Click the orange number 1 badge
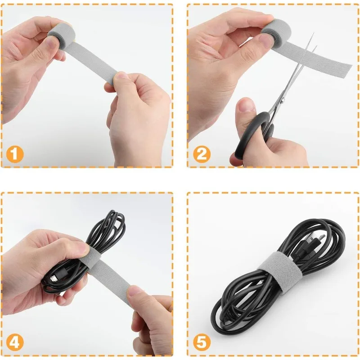(x=15, y=155)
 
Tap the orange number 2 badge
(x=202, y=155)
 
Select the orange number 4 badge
(x=15, y=343)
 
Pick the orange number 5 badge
(x=202, y=343)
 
